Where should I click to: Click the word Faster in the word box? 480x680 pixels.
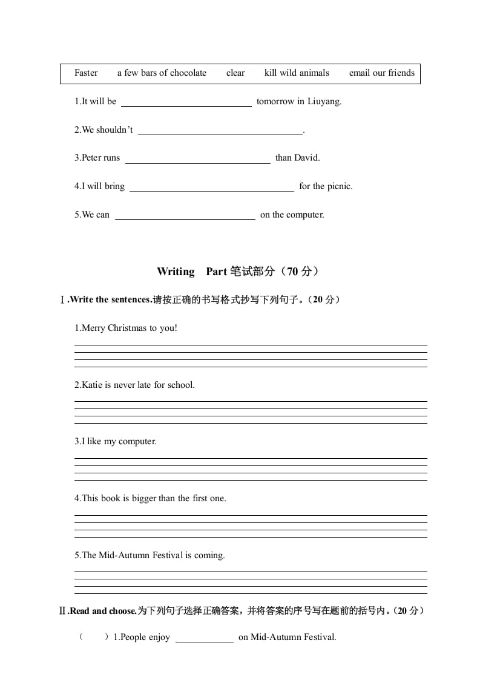click(x=86, y=73)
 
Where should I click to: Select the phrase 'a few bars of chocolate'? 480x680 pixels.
click(x=162, y=73)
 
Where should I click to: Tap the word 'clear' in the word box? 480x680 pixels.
click(x=235, y=73)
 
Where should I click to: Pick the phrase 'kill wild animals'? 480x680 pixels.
click(x=297, y=73)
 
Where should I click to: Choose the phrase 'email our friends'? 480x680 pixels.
click(x=382, y=73)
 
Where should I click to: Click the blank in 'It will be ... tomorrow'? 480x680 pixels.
click(x=186, y=102)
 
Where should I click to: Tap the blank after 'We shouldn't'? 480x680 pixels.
click(x=220, y=131)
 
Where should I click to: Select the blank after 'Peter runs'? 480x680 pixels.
click(x=197, y=159)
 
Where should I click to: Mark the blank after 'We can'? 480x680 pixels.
click(x=185, y=216)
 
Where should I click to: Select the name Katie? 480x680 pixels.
click(x=91, y=385)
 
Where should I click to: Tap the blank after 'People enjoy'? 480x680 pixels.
click(x=204, y=638)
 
